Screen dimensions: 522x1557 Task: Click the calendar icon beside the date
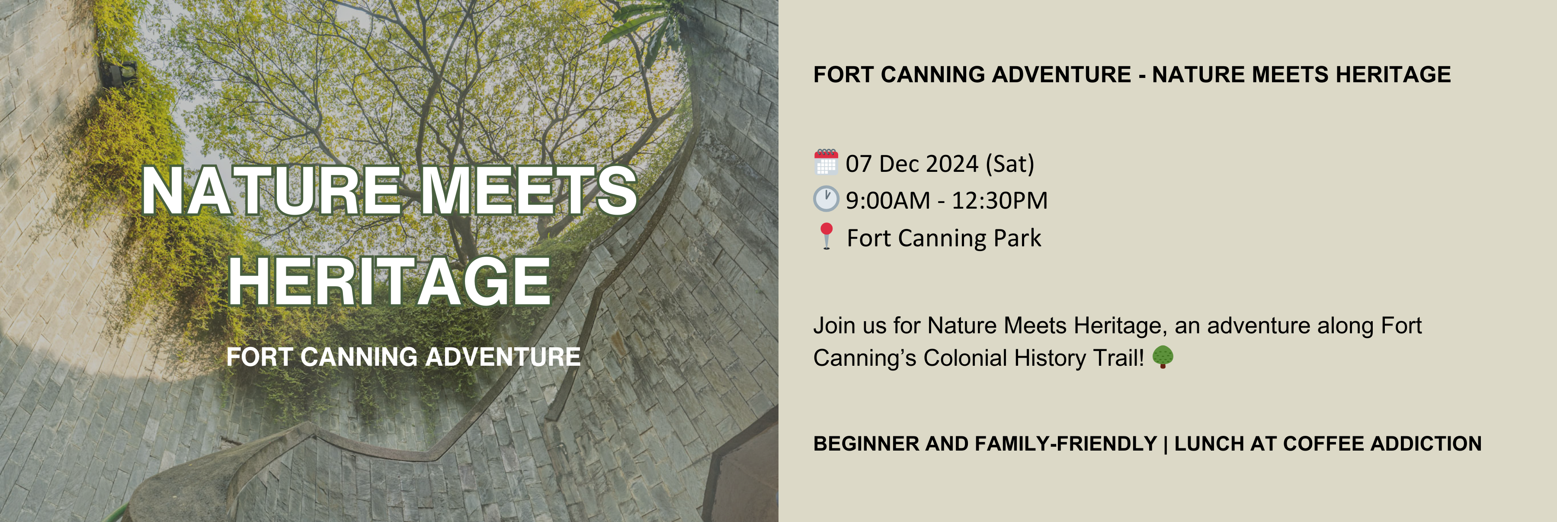pyautogui.click(x=826, y=162)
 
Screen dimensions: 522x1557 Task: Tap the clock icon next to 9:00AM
pyautogui.click(x=826, y=199)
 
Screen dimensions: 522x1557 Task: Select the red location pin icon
pyautogui.click(x=826, y=235)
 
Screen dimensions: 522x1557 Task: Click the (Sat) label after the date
pyautogui.click(x=1010, y=164)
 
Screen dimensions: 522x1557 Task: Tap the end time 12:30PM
pyautogui.click(x=1000, y=201)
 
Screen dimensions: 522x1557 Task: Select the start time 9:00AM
pyautogui.click(x=887, y=201)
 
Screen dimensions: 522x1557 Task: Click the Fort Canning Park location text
pyautogui.click(x=944, y=238)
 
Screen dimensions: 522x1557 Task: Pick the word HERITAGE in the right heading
pyautogui.click(x=1393, y=74)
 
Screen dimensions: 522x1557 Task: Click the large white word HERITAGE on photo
pyautogui.click(x=389, y=281)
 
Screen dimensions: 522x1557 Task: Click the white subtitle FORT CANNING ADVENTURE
pyautogui.click(x=403, y=357)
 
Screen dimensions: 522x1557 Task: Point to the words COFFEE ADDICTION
pyautogui.click(x=1382, y=443)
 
